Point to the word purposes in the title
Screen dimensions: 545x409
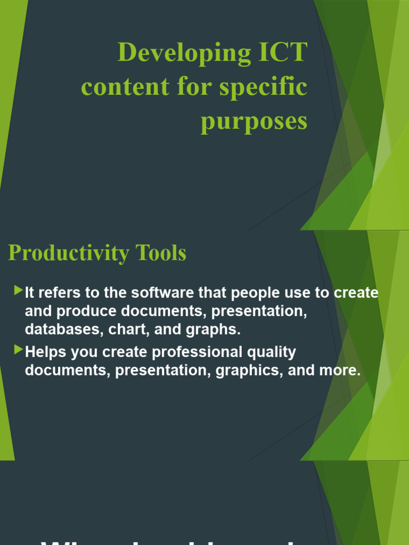pyautogui.click(x=254, y=122)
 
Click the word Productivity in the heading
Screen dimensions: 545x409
pyautogui.click(x=68, y=253)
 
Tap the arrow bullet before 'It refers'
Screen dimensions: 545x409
pyautogui.click(x=19, y=290)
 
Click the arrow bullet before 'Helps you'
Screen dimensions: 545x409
pyautogui.click(x=19, y=349)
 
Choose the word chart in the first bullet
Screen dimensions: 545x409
pyautogui.click(x=128, y=329)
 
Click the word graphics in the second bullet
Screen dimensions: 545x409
pyautogui.click(x=249, y=371)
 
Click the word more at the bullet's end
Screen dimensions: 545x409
pyautogui.click(x=341, y=371)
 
